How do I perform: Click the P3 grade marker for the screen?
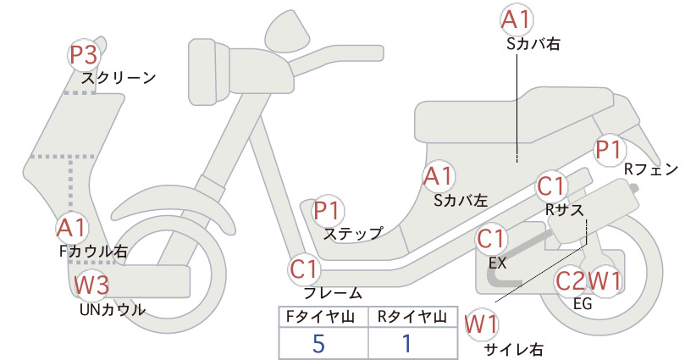[x=84, y=55]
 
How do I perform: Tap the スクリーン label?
[x=119, y=78]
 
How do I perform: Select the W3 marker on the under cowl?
[x=91, y=285]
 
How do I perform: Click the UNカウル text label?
[x=113, y=310]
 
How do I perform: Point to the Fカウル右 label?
[x=94, y=252]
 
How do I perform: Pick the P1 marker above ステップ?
[x=327, y=211]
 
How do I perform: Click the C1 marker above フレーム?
[x=305, y=270]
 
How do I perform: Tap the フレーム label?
[x=333, y=293]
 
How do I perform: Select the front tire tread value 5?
[x=318, y=344]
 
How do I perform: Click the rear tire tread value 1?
[x=407, y=344]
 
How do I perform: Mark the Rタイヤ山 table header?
[x=412, y=317]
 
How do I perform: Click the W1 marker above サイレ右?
[x=482, y=325]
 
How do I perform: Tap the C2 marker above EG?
[x=571, y=280]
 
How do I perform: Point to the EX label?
[x=498, y=263]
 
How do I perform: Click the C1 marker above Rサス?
[x=551, y=187]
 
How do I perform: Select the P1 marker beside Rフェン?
[x=610, y=150]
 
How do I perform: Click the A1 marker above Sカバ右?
[x=516, y=20]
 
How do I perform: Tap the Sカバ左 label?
[x=461, y=201]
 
